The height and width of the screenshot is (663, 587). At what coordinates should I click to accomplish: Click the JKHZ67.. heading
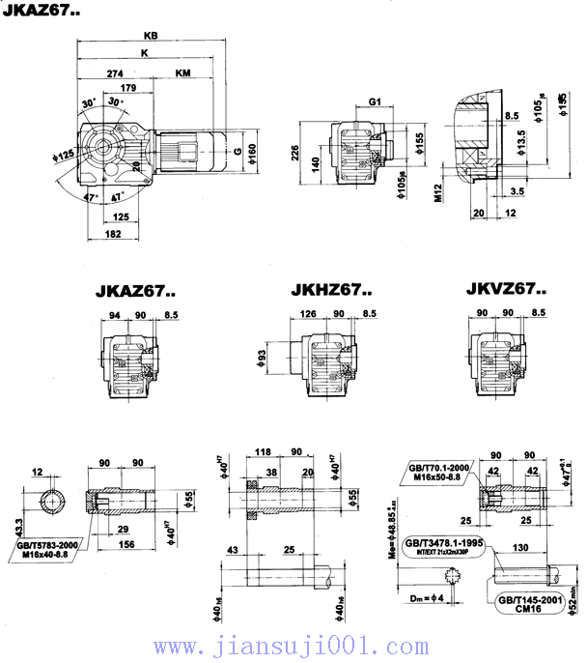pyautogui.click(x=331, y=289)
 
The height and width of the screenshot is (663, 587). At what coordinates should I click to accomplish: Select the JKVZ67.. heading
pyautogui.click(x=506, y=288)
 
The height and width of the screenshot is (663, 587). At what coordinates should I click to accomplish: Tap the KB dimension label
pyautogui.click(x=150, y=35)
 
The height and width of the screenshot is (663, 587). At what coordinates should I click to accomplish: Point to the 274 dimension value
pyautogui.click(x=117, y=73)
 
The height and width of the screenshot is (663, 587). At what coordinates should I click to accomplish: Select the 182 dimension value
pyautogui.click(x=113, y=234)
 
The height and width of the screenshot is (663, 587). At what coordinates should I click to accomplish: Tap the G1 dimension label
pyautogui.click(x=376, y=101)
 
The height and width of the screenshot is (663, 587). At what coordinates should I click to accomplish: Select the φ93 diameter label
pyautogui.click(x=262, y=360)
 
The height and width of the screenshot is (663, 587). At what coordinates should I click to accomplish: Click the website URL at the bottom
pyautogui.click(x=293, y=646)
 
